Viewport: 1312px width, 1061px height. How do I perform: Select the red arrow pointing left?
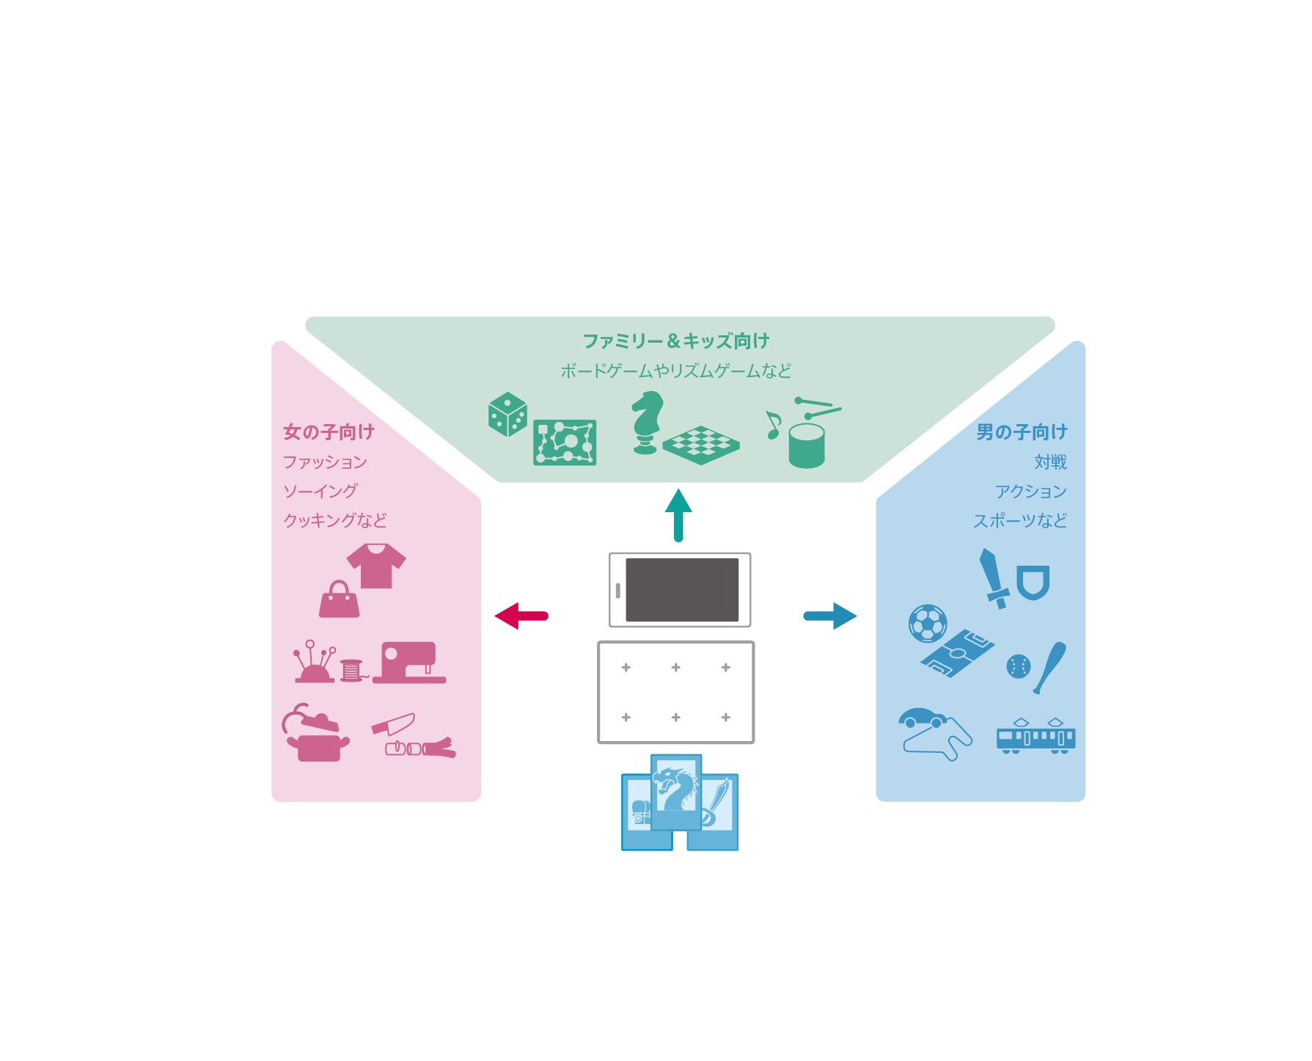coord(521,616)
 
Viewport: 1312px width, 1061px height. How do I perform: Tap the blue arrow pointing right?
coord(830,616)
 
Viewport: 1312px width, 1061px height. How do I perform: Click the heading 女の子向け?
coord(329,432)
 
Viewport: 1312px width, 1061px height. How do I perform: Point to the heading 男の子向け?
coord(1022,432)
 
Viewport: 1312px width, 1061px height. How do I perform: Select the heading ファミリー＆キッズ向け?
coord(675,341)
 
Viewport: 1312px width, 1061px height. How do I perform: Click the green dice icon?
coord(507,414)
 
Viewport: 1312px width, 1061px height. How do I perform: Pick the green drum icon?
coord(807,445)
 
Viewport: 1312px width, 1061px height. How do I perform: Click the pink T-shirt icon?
coord(376,565)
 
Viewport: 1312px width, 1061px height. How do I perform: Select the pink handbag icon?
coord(339,599)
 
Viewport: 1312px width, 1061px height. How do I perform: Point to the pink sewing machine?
coord(409,663)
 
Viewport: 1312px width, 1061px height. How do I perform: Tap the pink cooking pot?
coord(316,743)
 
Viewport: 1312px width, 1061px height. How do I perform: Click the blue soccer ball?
coord(928,624)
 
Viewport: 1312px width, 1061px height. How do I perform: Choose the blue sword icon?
coord(993,578)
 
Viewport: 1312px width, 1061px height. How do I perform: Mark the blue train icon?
coord(1036,736)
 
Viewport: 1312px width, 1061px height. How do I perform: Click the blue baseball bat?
coord(1050,667)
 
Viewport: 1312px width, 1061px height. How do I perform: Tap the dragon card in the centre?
coord(675,791)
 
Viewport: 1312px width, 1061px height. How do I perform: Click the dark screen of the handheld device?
coord(682,590)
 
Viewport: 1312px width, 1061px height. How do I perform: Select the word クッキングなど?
coord(335,520)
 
